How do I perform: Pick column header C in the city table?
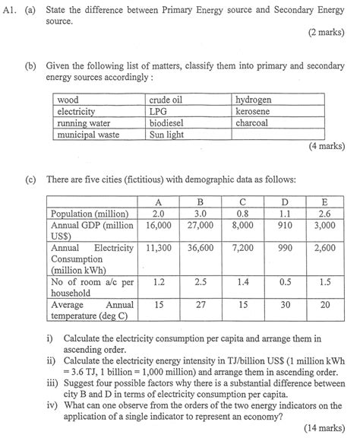click(x=242, y=201)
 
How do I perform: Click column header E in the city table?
click(x=325, y=201)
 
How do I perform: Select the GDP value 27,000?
click(x=200, y=225)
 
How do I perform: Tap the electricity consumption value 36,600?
click(x=200, y=248)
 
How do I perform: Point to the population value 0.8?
click(x=242, y=214)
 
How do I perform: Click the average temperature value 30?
click(x=285, y=304)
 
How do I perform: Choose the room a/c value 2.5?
click(x=200, y=281)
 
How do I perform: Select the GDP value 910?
click(x=285, y=225)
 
